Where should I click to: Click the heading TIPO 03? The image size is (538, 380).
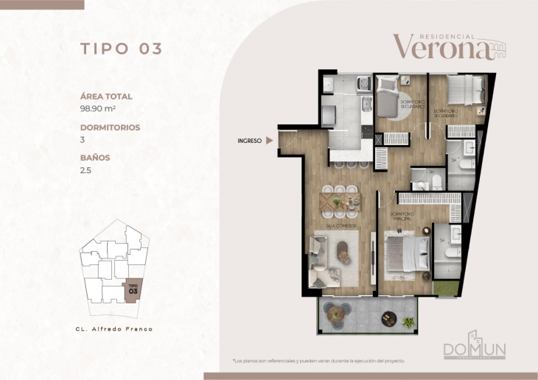click(x=121, y=49)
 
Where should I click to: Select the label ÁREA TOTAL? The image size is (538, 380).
click(x=106, y=96)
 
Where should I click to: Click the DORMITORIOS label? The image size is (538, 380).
click(x=110, y=127)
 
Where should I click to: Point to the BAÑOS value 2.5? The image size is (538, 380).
click(x=85, y=169)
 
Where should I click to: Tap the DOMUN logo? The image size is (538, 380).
click(x=474, y=349)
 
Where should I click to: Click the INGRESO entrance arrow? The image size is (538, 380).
click(x=270, y=140)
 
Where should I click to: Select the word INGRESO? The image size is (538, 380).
click(x=250, y=140)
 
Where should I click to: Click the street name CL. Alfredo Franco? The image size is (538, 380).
click(x=115, y=328)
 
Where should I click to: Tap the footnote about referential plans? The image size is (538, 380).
click(x=318, y=361)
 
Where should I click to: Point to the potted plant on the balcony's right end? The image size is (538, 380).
click(x=408, y=321)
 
